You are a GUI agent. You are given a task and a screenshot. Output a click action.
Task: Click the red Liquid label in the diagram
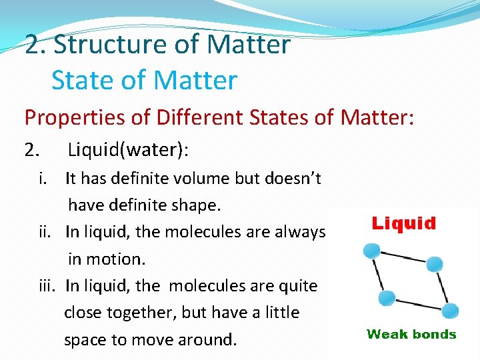click(x=403, y=223)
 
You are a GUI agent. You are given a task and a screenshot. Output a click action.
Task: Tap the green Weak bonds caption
click(x=411, y=335)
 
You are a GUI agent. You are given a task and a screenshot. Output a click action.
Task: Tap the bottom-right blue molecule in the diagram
click(x=450, y=310)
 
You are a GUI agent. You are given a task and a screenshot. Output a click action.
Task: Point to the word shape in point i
click(x=197, y=205)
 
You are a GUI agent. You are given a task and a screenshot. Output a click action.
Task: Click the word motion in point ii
click(x=119, y=259)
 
